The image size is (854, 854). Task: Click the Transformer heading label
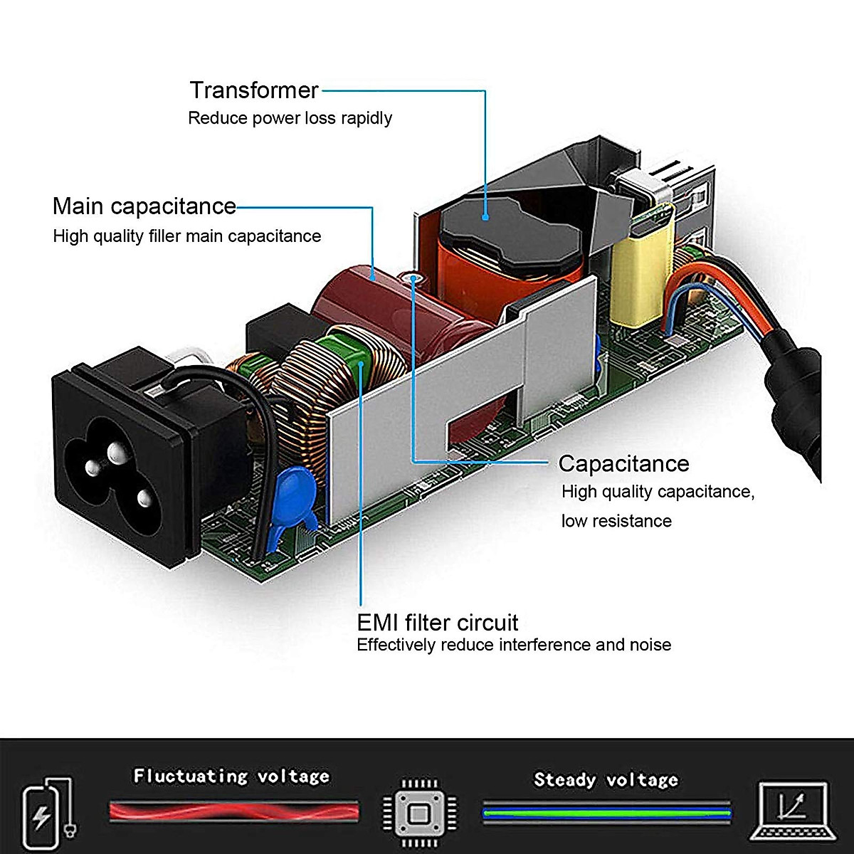pos(253,90)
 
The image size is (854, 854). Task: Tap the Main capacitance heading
pos(144,206)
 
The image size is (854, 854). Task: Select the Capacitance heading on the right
pos(623,463)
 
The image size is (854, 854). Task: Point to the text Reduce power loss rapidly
pos(290,118)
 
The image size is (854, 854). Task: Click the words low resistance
pos(616,521)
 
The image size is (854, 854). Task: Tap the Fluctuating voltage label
pos(231,775)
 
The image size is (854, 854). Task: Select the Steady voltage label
pos(606,779)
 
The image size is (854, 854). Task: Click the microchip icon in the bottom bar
pos(419,812)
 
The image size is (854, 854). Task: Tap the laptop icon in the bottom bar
pos(792,812)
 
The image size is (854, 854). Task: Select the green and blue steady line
pos(606,812)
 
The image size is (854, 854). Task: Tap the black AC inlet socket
pos(121,455)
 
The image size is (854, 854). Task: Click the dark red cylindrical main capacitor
pos(356,299)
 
